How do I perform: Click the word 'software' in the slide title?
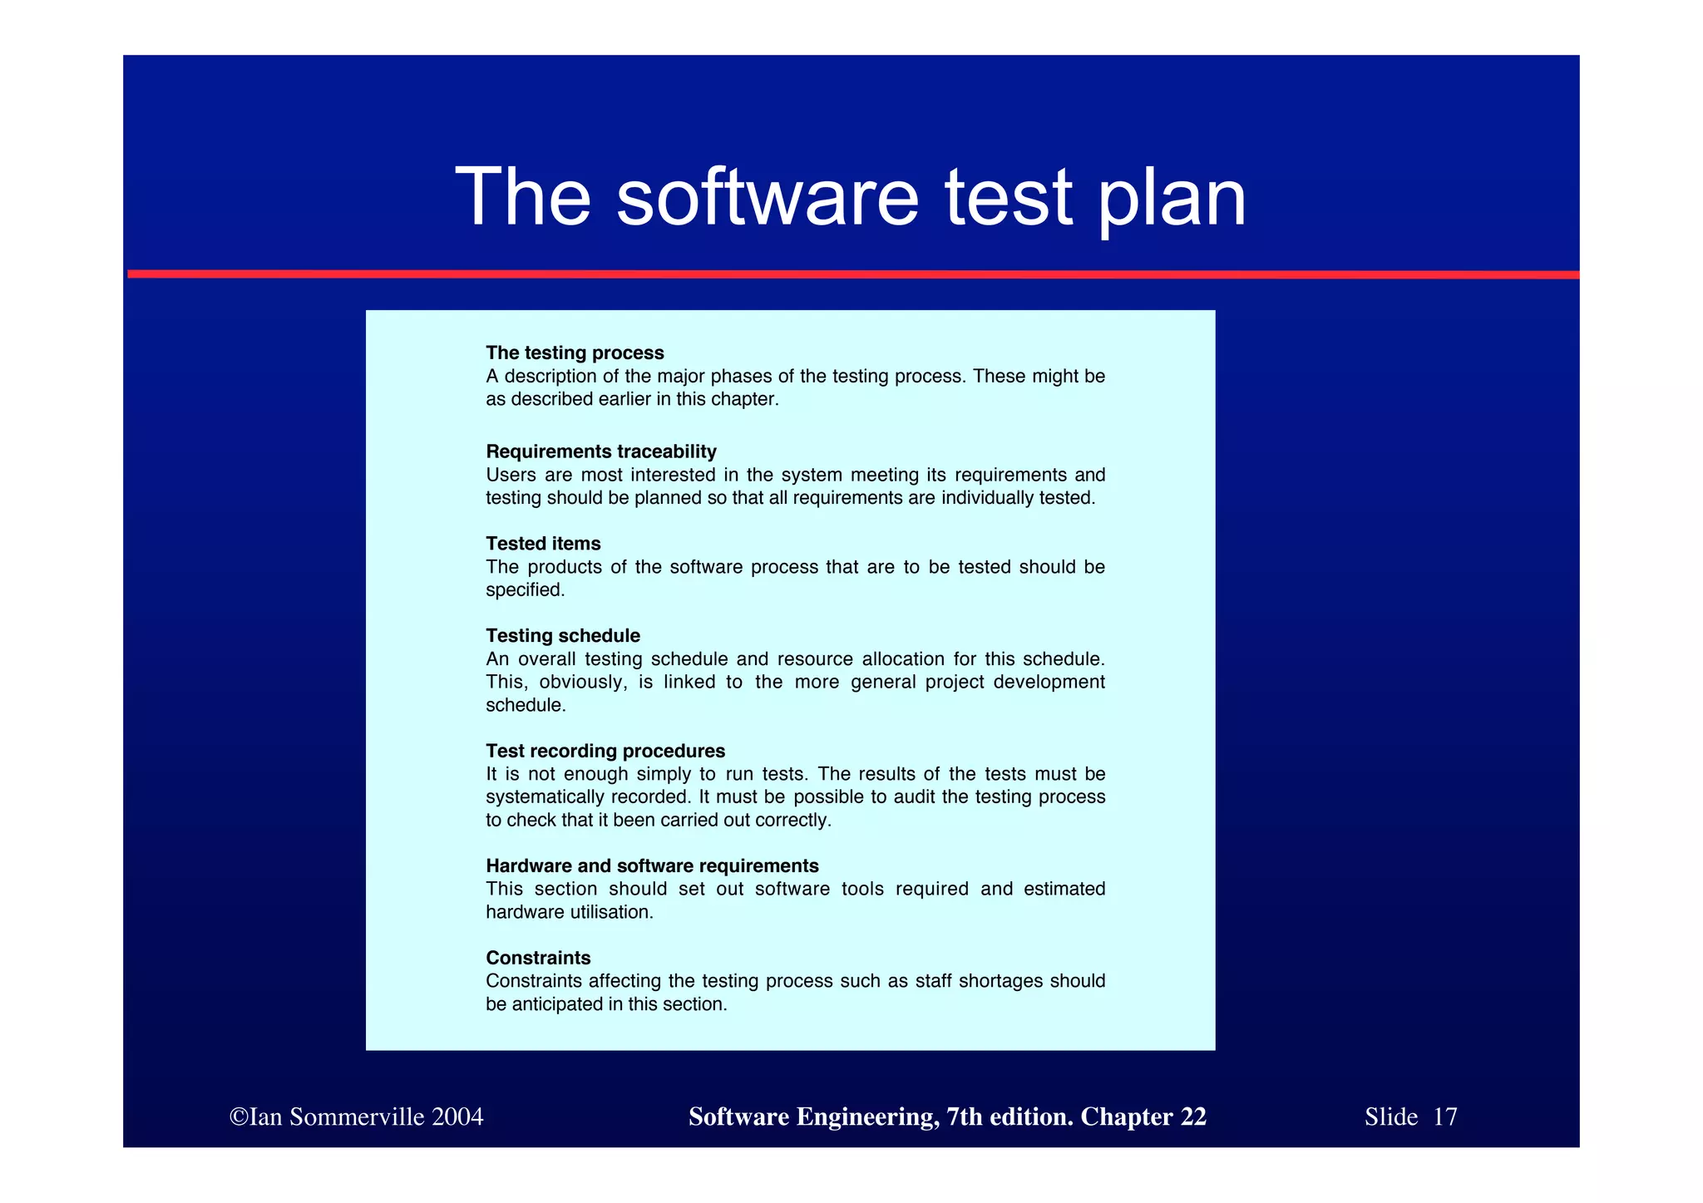tap(767, 197)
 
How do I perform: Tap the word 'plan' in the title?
tap(1172, 200)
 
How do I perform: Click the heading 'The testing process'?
tap(575, 353)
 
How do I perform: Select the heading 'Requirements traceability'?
tap(600, 451)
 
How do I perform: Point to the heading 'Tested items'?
tap(543, 544)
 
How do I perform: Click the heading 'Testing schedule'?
tap(563, 636)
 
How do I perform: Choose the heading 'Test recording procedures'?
tap(605, 752)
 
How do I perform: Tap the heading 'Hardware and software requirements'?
tap(652, 866)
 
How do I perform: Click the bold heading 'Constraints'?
tap(538, 958)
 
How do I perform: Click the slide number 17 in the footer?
tap(1445, 1117)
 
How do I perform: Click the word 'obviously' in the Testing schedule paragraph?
tap(582, 683)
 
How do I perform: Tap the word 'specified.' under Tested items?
tap(525, 590)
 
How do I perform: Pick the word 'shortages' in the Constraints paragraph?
tap(1001, 981)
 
